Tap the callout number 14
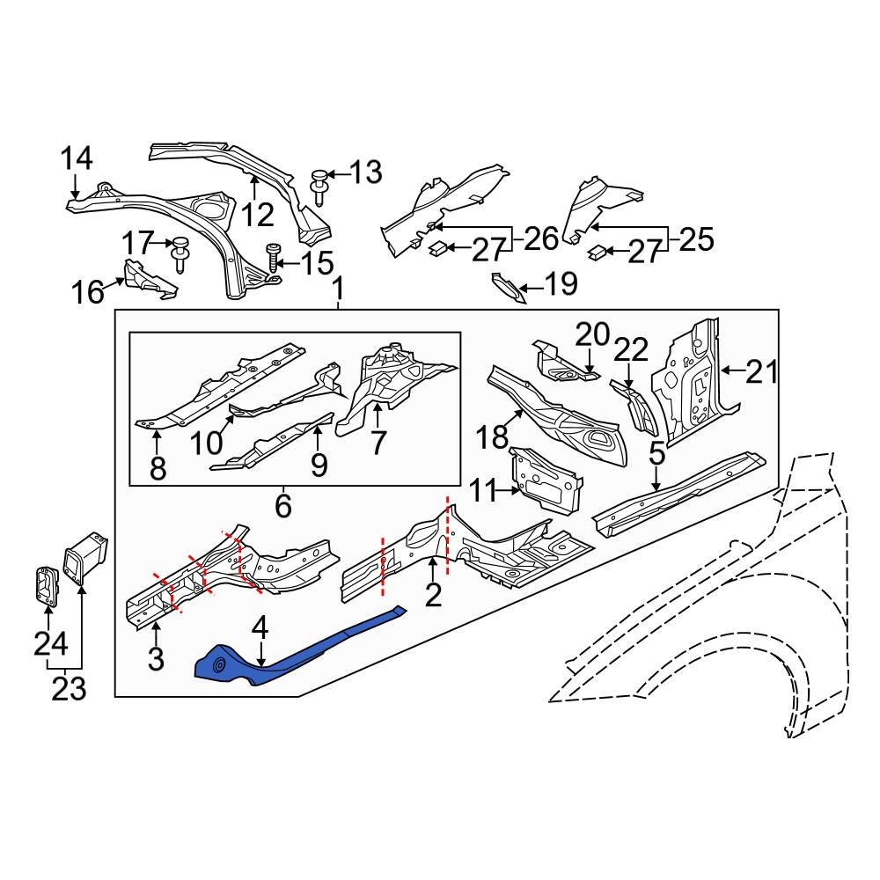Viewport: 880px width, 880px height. pos(77,159)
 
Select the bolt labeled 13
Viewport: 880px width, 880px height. pos(319,187)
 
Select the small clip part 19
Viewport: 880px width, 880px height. pos(509,288)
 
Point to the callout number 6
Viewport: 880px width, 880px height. pos(282,506)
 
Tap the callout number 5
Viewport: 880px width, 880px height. pos(656,454)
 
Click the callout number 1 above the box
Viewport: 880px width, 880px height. pos(338,288)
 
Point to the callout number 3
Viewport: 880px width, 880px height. pos(156,659)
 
